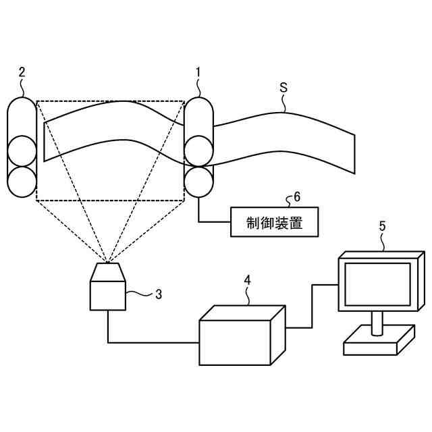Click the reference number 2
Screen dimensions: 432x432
(22, 72)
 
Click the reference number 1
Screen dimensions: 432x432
(198, 72)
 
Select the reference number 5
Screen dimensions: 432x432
(382, 227)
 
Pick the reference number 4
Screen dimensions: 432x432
(248, 279)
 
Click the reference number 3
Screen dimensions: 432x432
(159, 294)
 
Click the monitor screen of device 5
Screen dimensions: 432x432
(377, 283)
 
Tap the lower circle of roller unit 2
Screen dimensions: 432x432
(22, 181)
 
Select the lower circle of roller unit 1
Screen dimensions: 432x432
(198, 182)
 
